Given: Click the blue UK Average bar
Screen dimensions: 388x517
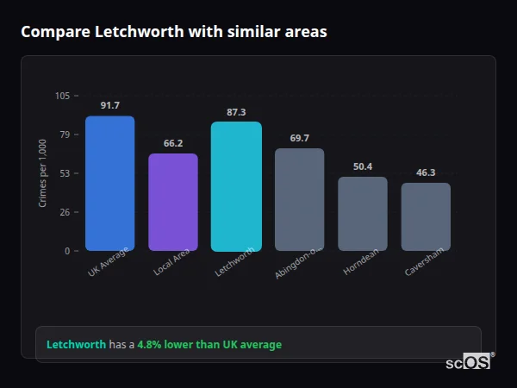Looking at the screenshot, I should tap(109, 184).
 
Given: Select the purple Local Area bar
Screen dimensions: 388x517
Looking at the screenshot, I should tap(173, 203).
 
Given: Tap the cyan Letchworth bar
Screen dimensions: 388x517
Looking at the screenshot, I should tap(236, 186).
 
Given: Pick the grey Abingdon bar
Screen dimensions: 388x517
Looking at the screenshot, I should tap(299, 200).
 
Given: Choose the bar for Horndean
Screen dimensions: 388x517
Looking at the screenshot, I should tap(363, 214).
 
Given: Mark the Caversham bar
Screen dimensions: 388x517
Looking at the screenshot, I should tap(426, 216).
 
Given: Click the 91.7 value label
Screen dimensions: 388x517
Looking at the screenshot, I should tap(109, 105).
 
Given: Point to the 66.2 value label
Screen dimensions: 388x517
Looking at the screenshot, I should tap(173, 143).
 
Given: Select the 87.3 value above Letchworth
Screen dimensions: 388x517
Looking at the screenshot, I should tap(236, 112).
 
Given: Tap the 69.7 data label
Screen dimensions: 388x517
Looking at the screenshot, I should tap(299, 138).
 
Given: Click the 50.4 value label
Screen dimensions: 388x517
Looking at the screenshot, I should tap(363, 166).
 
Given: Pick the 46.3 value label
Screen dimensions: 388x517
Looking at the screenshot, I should tap(426, 172).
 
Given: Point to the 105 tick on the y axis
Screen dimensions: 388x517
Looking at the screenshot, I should tap(62, 96).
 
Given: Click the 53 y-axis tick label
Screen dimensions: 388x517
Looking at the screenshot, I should tap(65, 173).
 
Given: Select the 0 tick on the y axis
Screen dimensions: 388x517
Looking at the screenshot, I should tap(67, 251).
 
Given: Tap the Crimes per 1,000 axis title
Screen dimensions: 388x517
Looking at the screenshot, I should tap(43, 173).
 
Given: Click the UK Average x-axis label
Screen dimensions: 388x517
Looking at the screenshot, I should tap(109, 262).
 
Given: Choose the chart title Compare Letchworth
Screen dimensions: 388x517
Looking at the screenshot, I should tap(173, 32).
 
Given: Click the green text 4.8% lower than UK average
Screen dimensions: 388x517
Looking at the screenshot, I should tap(209, 345).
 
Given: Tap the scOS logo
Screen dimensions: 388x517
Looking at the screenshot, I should tap(469, 362).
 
